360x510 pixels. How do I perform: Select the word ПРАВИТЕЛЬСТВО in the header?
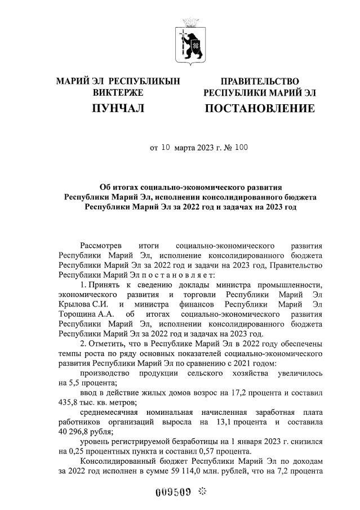point(260,82)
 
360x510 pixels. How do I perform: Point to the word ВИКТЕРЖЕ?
point(118,92)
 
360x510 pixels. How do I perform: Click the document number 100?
point(240,149)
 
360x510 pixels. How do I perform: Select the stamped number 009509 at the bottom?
point(172,491)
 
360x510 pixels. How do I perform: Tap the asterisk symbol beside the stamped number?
point(203,491)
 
